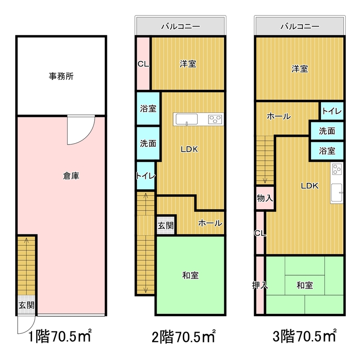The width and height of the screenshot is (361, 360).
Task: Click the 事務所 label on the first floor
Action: [x=61, y=76]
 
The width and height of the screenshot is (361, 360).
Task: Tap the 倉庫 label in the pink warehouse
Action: [x=71, y=177]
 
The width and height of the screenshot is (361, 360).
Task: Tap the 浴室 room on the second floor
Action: [x=148, y=109]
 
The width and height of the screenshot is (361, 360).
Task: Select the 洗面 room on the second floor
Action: [x=148, y=144]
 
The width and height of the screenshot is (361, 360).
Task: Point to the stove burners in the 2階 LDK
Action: [x=215, y=120]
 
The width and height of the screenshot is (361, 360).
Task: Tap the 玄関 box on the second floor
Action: [x=166, y=225]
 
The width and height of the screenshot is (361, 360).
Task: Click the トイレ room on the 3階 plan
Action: [x=332, y=111]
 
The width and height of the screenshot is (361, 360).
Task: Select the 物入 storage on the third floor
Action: [x=264, y=198]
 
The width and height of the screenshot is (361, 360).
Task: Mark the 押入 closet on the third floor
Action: [x=260, y=285]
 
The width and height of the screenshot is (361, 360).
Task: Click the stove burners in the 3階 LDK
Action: [x=337, y=170]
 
